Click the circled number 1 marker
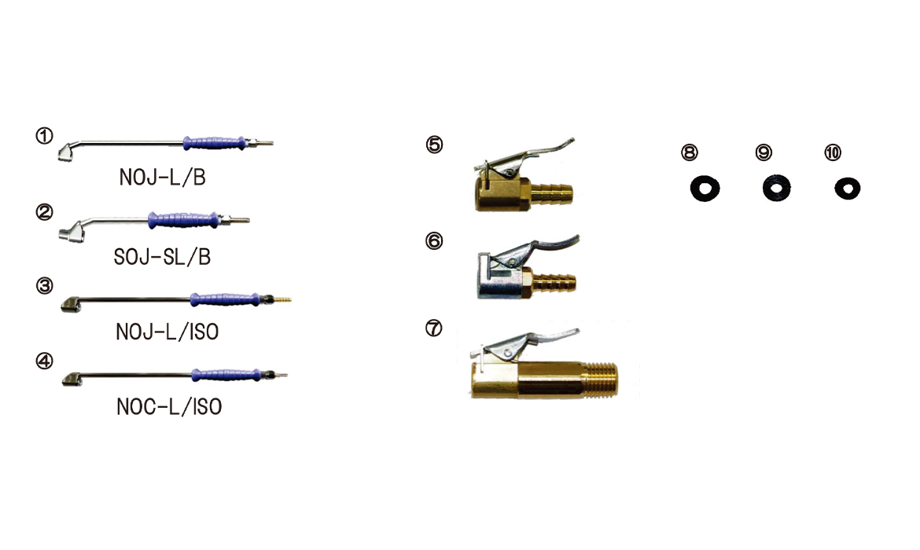[x=44, y=136]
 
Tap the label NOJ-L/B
[x=162, y=178]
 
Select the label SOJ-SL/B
[x=162, y=257]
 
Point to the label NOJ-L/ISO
[x=167, y=332]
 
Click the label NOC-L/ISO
[x=168, y=407]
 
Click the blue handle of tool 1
[x=212, y=143]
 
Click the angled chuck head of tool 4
[x=72, y=381]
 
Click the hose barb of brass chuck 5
[x=554, y=192]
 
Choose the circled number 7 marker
[x=433, y=329]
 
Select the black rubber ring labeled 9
[x=777, y=188]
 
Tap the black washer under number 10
[x=847, y=188]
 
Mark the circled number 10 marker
[x=833, y=152]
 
